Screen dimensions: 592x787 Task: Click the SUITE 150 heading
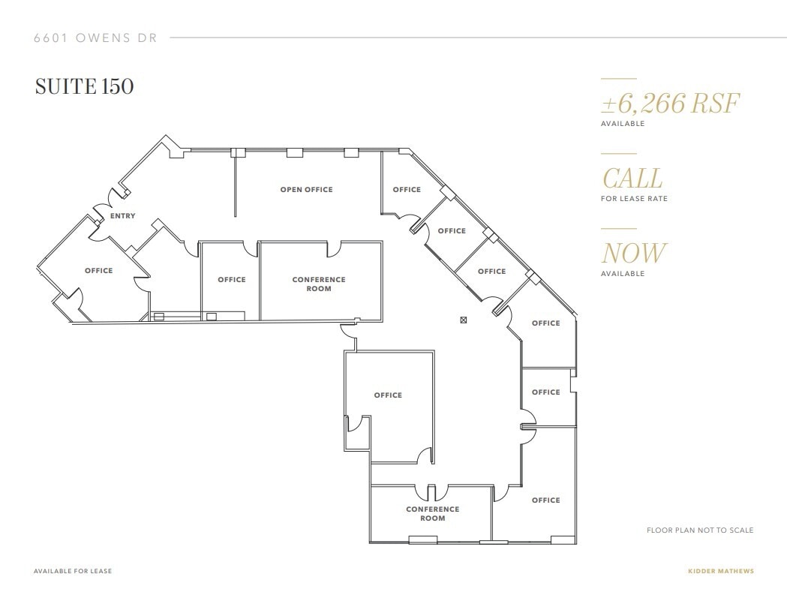coord(84,87)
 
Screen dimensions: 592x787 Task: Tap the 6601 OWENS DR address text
coord(95,38)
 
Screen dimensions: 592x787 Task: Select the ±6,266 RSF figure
coord(670,103)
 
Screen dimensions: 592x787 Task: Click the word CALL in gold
coord(632,179)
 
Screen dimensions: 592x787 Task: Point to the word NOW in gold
coord(633,254)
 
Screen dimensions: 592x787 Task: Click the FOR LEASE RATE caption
coord(634,199)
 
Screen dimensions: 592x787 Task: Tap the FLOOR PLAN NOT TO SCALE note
coord(699,530)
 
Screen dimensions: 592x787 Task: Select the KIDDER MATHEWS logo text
coord(720,571)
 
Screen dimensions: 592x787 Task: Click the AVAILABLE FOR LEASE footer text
coord(73,571)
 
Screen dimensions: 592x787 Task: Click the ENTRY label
coord(123,216)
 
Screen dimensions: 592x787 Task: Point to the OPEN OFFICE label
coord(306,190)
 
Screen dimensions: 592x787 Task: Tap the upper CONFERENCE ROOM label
coord(319,284)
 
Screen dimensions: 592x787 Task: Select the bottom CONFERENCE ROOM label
coord(432,513)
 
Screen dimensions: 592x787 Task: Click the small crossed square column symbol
coord(463,320)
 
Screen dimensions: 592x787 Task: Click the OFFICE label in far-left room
coord(98,271)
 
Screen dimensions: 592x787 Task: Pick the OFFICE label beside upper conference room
coord(232,280)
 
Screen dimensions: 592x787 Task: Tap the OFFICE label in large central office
coord(388,395)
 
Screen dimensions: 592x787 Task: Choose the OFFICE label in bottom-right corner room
coord(545,500)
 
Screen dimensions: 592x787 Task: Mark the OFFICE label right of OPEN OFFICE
coord(407,190)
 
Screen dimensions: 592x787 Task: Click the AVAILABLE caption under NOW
coord(622,274)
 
